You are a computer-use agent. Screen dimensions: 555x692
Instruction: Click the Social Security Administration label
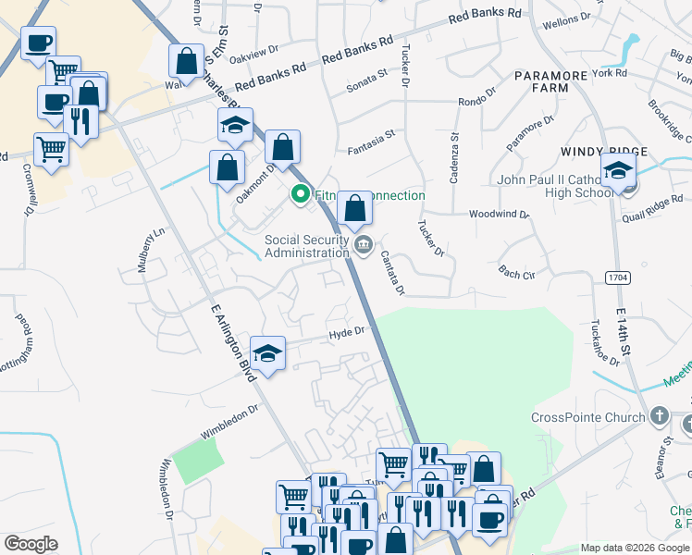tap(307, 246)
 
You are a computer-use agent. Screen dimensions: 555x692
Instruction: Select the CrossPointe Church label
tap(587, 417)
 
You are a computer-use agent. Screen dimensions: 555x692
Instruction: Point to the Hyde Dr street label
tap(348, 331)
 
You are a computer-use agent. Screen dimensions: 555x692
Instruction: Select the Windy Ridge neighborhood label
tap(603, 151)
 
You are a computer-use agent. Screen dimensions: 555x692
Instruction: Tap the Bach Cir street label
tap(516, 273)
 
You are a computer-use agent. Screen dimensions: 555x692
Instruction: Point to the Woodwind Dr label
tap(499, 214)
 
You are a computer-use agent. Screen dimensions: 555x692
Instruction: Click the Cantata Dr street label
tap(392, 276)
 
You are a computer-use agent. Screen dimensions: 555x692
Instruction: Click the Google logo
tap(31, 544)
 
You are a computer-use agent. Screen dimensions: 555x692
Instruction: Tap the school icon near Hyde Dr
tap(268, 354)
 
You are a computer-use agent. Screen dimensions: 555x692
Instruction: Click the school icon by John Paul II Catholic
tap(618, 170)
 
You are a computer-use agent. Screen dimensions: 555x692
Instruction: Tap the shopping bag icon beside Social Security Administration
tap(355, 209)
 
